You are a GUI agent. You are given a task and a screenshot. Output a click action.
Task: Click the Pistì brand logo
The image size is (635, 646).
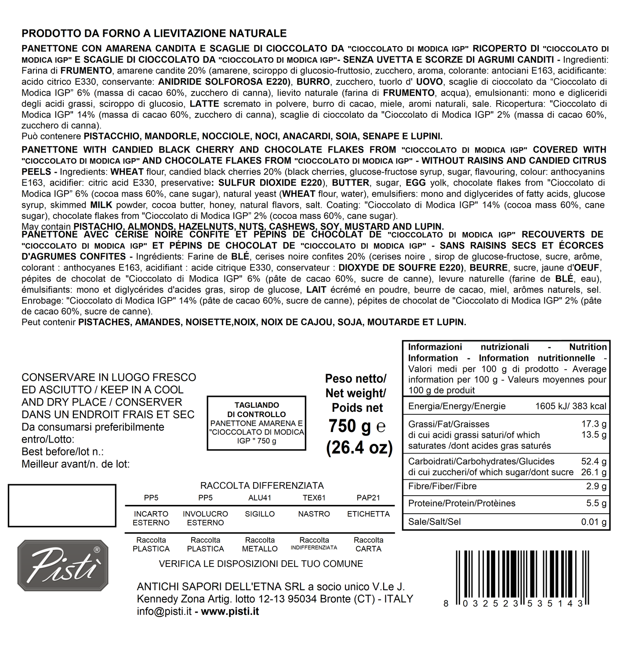[63, 566]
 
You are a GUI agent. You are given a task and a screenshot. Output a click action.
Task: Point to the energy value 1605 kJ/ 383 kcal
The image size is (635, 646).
[570, 406]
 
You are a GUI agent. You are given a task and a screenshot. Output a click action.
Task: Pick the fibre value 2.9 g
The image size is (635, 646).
[596, 486]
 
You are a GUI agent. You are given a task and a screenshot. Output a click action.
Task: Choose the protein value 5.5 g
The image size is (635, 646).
[596, 503]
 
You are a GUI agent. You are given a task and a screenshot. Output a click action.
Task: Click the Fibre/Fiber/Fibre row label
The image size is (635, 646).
[442, 486]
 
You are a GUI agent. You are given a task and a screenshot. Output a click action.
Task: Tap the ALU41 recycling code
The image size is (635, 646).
[260, 498]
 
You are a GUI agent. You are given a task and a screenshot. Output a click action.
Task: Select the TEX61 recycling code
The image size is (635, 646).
[314, 498]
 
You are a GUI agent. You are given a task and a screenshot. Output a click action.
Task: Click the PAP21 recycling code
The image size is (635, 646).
[368, 498]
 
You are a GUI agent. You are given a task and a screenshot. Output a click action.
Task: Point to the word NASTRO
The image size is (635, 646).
[314, 514]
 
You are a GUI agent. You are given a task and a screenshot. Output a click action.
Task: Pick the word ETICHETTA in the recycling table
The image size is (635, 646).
[368, 514]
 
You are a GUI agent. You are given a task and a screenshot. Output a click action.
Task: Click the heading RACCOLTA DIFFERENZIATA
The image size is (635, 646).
[262, 486]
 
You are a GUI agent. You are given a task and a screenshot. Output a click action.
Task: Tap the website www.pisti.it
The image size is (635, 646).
[230, 611]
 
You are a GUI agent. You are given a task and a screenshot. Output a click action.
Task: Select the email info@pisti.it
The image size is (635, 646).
[164, 611]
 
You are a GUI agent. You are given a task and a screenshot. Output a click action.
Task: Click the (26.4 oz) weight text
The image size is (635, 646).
[359, 447]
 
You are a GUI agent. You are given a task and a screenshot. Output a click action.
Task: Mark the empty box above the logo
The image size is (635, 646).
[62, 505]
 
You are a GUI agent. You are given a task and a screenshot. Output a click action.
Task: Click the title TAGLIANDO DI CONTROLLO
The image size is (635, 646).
[256, 410]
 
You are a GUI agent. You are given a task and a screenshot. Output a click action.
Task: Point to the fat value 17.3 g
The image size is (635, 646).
[594, 424]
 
